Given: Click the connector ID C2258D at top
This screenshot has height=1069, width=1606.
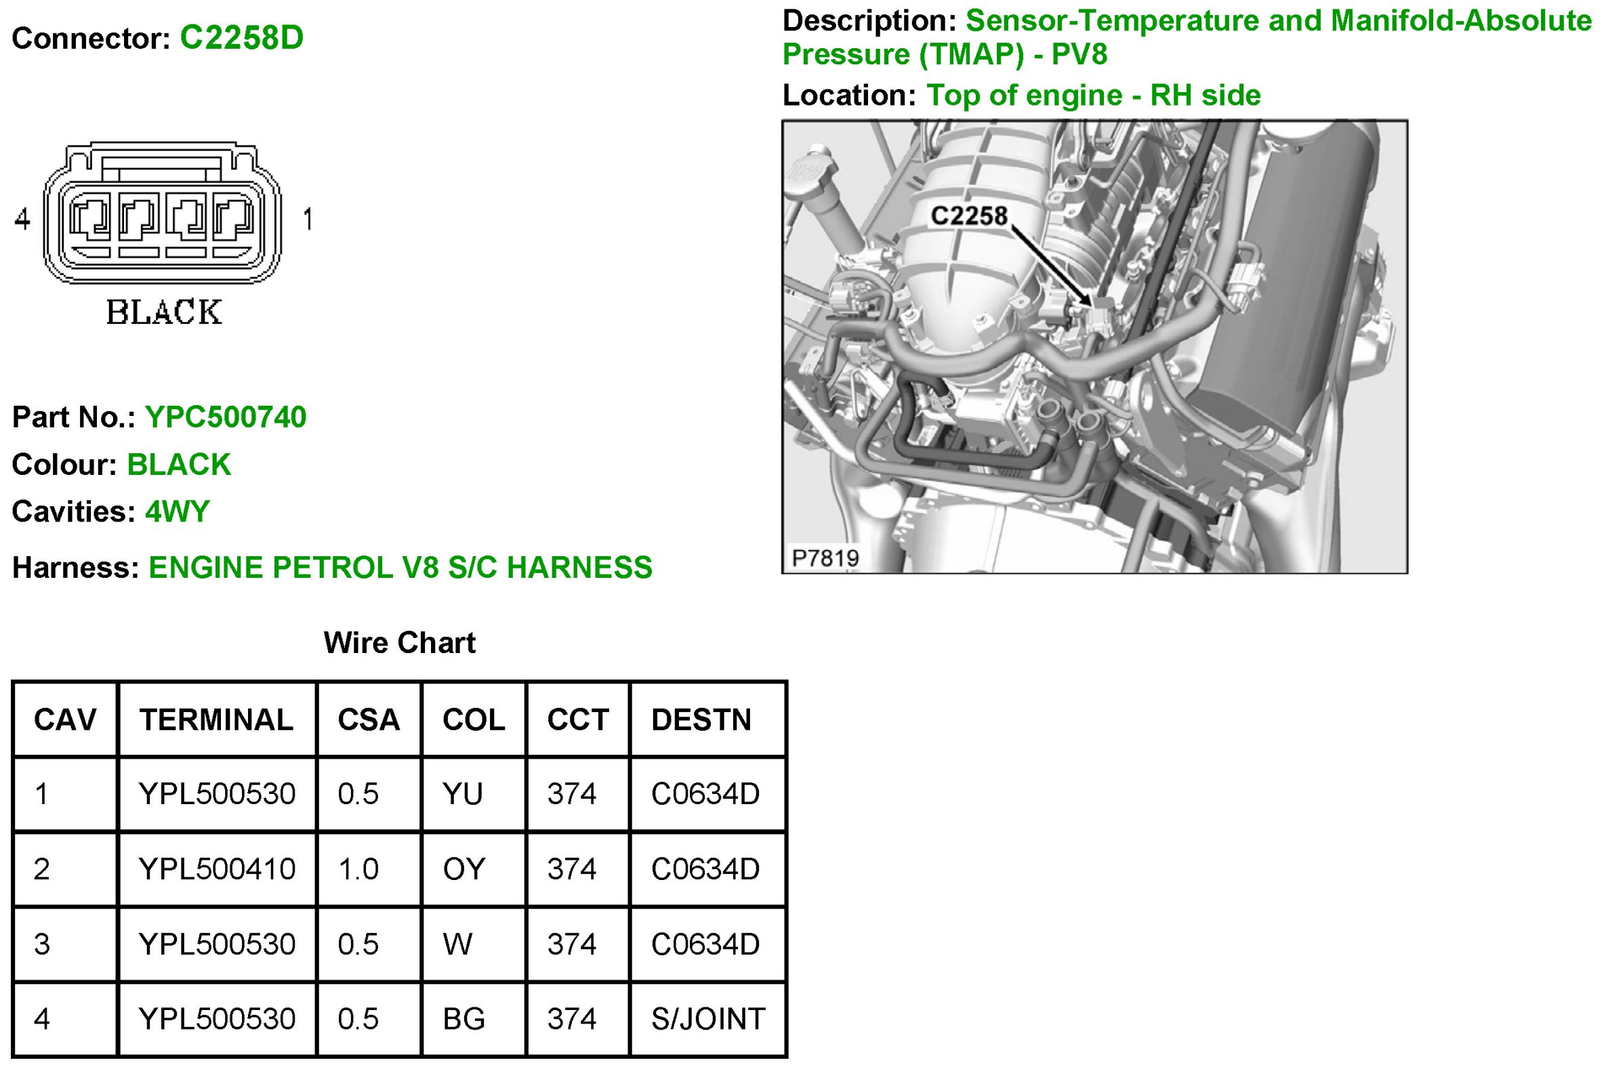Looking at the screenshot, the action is tap(241, 38).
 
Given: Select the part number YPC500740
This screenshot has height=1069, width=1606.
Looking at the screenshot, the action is tap(226, 417).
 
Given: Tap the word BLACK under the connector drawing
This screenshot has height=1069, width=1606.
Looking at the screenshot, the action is tap(165, 312).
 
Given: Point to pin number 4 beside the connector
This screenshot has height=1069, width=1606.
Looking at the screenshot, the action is tap(22, 219).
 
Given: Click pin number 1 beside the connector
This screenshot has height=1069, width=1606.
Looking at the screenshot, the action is tap(308, 219).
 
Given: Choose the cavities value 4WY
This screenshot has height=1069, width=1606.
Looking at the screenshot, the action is tap(178, 511).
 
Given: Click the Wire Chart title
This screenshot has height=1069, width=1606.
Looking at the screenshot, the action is tap(400, 642).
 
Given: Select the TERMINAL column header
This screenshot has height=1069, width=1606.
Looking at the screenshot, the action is tap(216, 720).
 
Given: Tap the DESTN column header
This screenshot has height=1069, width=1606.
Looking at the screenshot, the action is tap(701, 720).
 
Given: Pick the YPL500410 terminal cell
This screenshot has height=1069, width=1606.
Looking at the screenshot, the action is tap(217, 869).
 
